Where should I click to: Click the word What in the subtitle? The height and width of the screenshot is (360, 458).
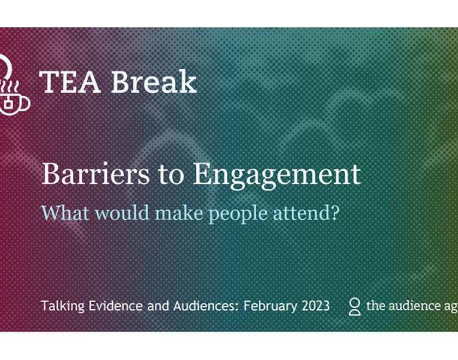click(x=66, y=212)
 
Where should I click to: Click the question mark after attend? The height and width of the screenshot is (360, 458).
click(x=335, y=212)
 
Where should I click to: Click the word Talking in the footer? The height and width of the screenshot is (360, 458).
click(x=61, y=306)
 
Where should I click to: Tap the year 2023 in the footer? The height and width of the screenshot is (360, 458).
click(x=315, y=305)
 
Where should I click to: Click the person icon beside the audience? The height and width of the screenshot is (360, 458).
click(x=354, y=307)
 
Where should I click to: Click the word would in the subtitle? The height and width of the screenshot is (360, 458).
click(x=124, y=212)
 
